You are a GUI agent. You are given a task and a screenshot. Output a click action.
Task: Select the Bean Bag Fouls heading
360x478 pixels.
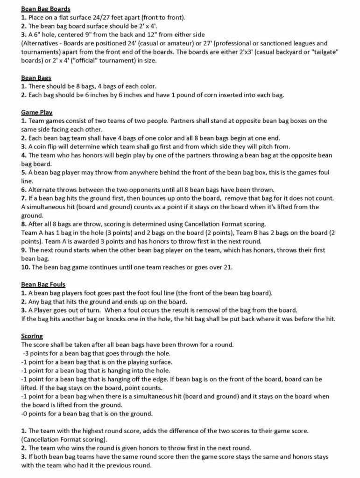tap(43, 284)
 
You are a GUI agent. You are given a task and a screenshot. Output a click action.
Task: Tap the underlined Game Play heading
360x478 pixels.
tap(36, 112)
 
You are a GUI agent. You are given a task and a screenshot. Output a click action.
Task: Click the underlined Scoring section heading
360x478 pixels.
tap(32, 336)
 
